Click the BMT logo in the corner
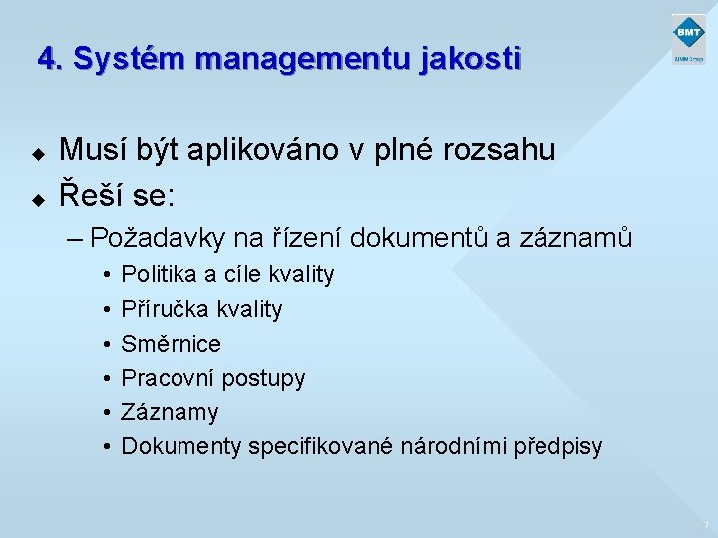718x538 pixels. pyautogui.click(x=688, y=40)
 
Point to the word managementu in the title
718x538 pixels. pyautogui.click(x=305, y=61)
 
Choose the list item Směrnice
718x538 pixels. pyautogui.click(x=171, y=344)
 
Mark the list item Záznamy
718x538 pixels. pyautogui.click(x=170, y=412)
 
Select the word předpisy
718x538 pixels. pyautogui.click(x=557, y=447)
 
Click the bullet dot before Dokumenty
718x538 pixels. pyautogui.click(x=106, y=447)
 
